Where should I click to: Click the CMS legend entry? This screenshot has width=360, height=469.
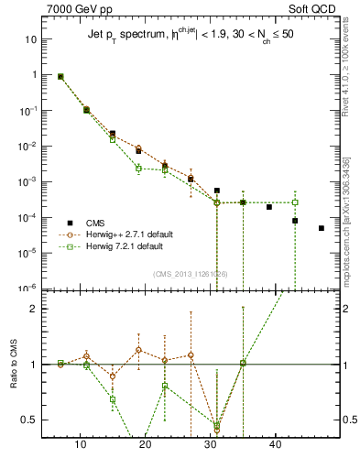[96, 223]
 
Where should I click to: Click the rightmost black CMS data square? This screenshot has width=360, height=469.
[322, 228]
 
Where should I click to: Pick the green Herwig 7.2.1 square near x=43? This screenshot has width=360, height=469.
[295, 202]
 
